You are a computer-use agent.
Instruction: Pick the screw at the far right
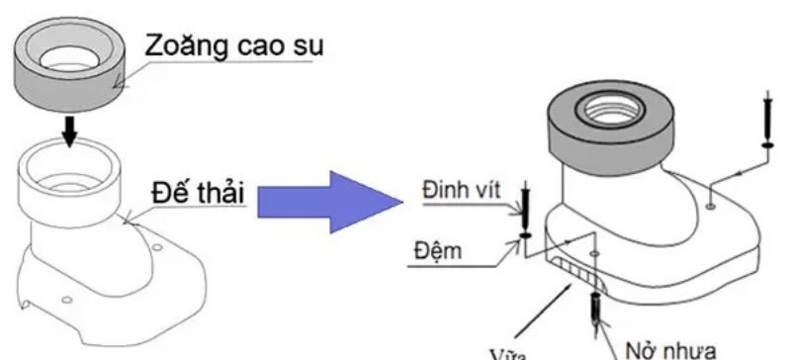coord(768,117)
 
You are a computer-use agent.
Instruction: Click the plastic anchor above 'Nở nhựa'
coord(597,308)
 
